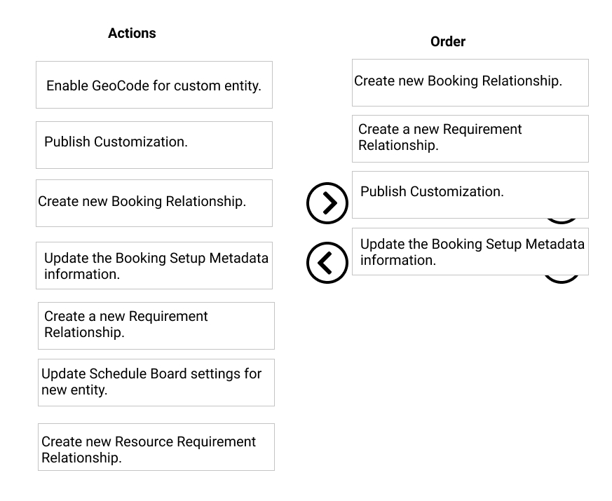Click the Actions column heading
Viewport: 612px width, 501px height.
click(x=132, y=33)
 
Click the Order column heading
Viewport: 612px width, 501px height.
click(x=448, y=41)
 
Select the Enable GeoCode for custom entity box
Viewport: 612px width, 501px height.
click(x=154, y=85)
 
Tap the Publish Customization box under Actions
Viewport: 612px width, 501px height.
click(x=154, y=145)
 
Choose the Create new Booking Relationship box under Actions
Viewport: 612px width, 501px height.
click(x=154, y=203)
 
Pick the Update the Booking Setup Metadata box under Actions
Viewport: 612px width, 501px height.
click(x=154, y=266)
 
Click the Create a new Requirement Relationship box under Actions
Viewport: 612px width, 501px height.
click(x=156, y=326)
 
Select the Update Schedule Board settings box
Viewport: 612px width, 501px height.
click(x=156, y=383)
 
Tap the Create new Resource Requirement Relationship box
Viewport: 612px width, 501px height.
click(x=156, y=447)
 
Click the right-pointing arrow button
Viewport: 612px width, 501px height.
click(x=327, y=203)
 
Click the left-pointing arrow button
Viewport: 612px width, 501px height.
click(x=327, y=263)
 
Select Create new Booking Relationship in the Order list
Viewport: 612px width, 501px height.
click(x=470, y=83)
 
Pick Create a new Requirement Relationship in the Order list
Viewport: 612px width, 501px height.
click(x=470, y=139)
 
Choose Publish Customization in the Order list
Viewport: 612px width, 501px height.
click(x=470, y=195)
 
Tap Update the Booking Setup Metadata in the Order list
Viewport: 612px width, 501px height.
click(x=470, y=252)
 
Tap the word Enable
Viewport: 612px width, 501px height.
click(x=67, y=85)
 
